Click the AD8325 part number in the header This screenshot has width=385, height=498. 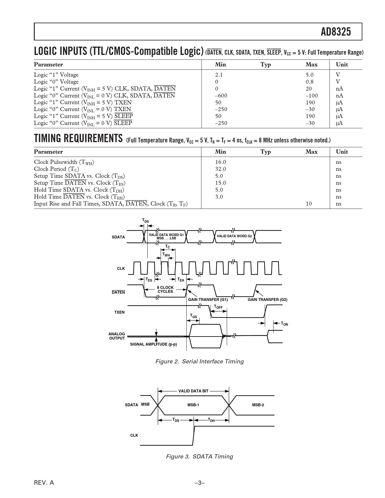click(x=336, y=31)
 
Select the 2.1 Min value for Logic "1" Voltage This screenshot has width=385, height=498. click(x=219, y=75)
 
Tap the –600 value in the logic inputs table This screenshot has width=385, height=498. click(x=221, y=96)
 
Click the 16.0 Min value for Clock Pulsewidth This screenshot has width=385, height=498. click(x=220, y=162)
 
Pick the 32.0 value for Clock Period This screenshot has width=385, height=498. click(x=220, y=169)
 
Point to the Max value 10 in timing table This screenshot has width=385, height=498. click(x=309, y=204)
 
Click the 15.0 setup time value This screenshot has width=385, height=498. click(x=220, y=183)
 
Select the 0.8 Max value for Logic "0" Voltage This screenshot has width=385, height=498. click(x=310, y=82)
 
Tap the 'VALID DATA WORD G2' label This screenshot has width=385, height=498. click(x=234, y=236)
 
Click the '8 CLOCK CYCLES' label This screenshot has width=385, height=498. click(x=165, y=289)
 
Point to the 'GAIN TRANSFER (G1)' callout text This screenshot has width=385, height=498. click(x=208, y=300)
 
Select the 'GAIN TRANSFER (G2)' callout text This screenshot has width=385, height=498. click(x=267, y=300)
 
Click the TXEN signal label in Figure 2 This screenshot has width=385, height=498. click(x=119, y=312)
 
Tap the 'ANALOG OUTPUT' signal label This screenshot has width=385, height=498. click(x=117, y=336)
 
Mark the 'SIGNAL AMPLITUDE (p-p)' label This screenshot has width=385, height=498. click(x=153, y=344)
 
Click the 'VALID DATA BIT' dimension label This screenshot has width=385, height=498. click(x=193, y=391)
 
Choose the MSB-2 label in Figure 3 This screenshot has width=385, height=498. click(x=258, y=405)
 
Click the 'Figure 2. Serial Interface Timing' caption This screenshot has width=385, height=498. click(x=199, y=362)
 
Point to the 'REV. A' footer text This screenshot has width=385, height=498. click(x=44, y=483)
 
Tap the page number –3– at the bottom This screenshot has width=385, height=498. click(x=200, y=483)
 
